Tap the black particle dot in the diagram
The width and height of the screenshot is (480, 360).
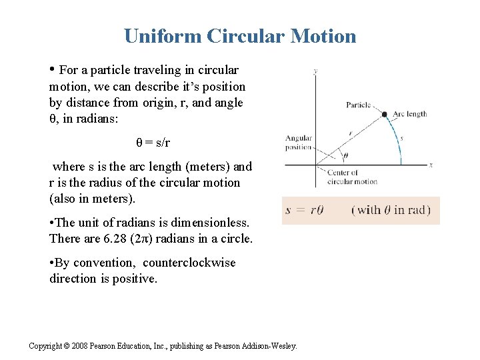click(x=385, y=115)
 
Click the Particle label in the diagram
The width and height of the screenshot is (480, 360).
click(x=359, y=105)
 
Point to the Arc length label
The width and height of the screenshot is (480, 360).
click(x=410, y=114)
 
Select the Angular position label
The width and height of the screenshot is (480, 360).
click(x=298, y=143)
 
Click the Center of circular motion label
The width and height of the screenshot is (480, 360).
click(x=352, y=177)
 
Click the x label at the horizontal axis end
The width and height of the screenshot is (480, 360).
click(x=431, y=165)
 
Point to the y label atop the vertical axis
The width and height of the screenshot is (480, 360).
click(x=315, y=71)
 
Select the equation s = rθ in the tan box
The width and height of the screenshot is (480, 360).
click(x=305, y=210)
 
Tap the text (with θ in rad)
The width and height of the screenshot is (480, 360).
click(x=391, y=210)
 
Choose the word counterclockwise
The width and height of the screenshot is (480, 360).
click(x=189, y=263)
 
